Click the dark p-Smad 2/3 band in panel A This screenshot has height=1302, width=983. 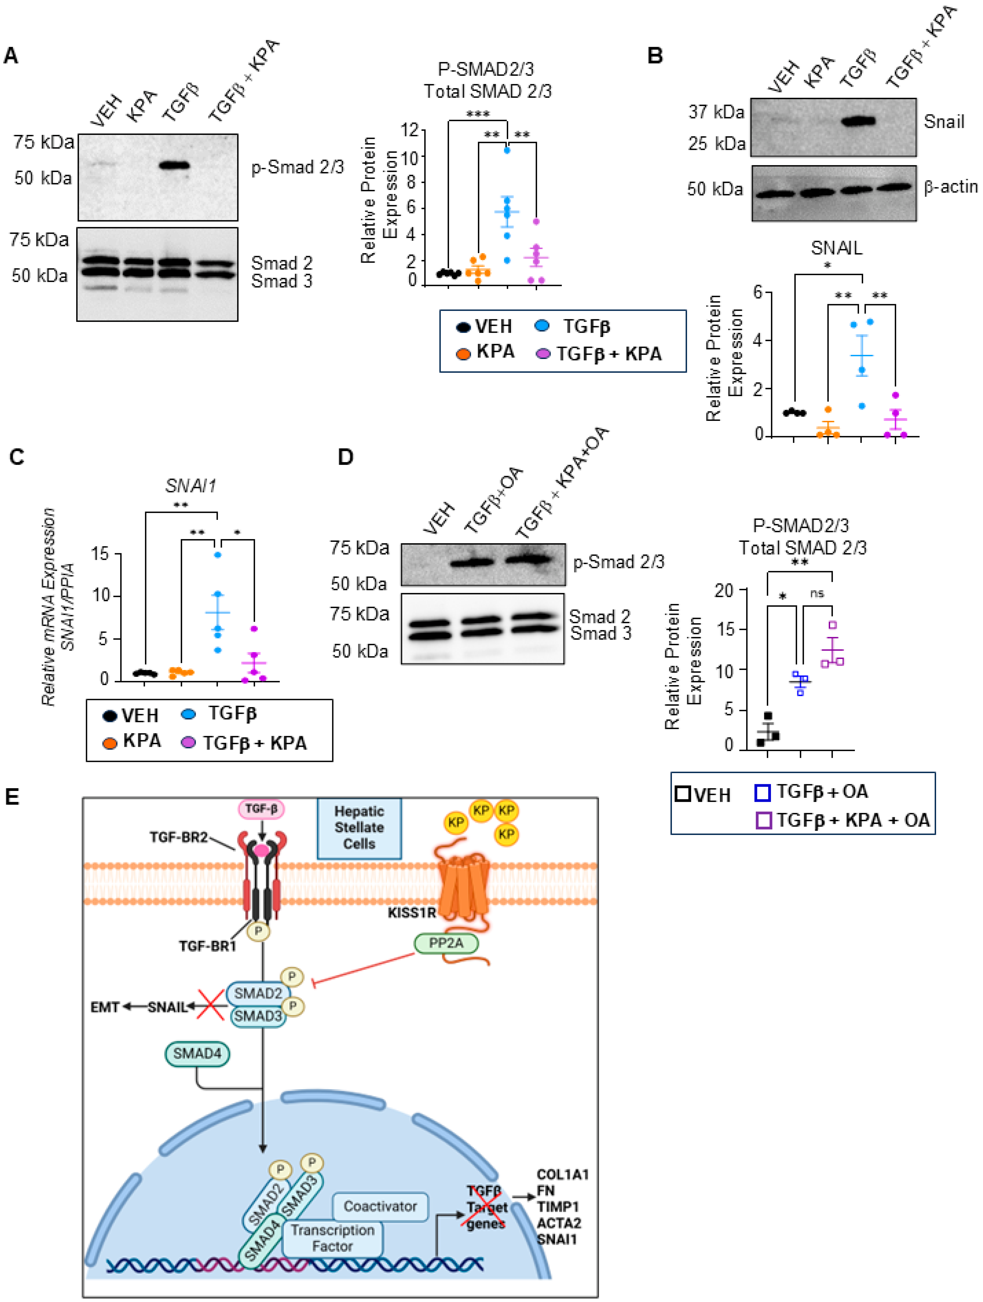175,165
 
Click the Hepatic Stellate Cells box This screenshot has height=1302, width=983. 359,828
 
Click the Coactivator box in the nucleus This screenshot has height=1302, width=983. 380,1206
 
